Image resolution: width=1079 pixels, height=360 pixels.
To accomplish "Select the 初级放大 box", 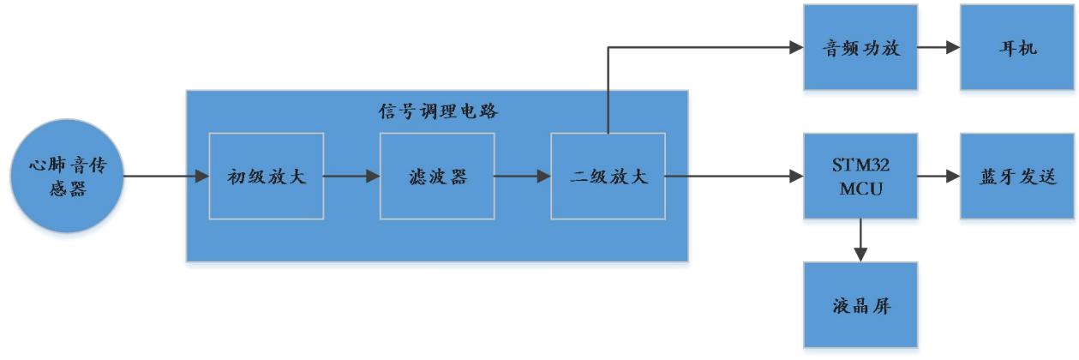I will click(x=266, y=177).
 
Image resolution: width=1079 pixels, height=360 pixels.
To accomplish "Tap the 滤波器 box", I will click(x=437, y=177).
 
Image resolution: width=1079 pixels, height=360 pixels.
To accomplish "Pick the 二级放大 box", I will click(x=608, y=177).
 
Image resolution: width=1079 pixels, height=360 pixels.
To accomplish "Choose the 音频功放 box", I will click(x=860, y=47).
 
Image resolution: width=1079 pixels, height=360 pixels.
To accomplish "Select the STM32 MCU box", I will click(x=860, y=177).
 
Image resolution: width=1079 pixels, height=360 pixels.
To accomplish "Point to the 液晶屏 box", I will click(x=860, y=304).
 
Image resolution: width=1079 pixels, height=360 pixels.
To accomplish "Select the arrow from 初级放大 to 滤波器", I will click(x=351, y=177).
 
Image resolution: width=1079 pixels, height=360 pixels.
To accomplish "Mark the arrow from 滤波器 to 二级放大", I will click(x=522, y=177).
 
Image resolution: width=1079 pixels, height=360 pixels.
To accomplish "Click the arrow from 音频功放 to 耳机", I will click(x=938, y=47).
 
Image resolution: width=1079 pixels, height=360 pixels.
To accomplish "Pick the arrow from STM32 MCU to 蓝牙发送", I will click(x=938, y=177).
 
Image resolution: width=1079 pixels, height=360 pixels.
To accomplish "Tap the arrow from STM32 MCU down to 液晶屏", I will click(x=860, y=240).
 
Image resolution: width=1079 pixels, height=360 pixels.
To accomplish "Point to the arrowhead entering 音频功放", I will click(x=796, y=47).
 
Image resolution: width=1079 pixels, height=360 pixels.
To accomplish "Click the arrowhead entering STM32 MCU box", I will click(x=796, y=177).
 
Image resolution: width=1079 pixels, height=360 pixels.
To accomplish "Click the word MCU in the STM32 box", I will click(x=860, y=187).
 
